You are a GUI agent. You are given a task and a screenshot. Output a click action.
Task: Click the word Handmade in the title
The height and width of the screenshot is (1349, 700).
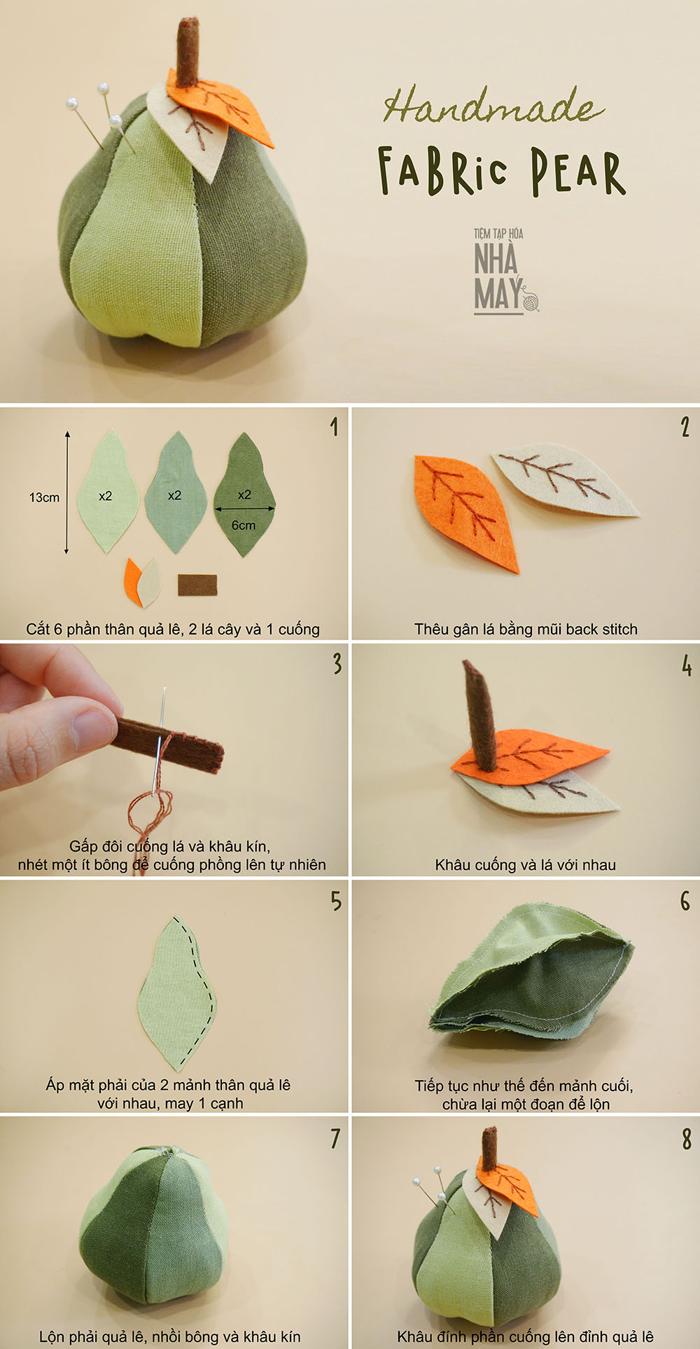coord(493,106)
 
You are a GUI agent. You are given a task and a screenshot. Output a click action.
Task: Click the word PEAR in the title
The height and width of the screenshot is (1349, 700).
coord(577,172)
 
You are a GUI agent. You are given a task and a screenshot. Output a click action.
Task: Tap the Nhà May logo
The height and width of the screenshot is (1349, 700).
coord(505,271)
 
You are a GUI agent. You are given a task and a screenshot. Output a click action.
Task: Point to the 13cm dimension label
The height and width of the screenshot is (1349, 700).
coord(44,497)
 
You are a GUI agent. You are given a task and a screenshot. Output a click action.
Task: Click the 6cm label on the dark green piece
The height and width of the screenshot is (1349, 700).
coord(244,525)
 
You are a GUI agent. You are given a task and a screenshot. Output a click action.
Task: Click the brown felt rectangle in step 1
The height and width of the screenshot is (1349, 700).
coord(197,585)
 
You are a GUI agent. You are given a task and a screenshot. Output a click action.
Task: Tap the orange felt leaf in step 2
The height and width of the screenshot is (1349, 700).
coord(465,512)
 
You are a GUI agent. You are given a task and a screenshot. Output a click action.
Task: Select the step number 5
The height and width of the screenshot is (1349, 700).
coord(337,901)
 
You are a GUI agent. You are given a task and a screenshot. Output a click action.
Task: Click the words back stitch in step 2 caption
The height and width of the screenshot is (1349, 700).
coord(601,629)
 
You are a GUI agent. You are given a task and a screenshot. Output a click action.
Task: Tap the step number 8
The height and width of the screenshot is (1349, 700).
coord(687,1139)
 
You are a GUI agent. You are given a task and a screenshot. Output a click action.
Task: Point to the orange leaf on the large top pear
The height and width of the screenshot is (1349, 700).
coord(220,111)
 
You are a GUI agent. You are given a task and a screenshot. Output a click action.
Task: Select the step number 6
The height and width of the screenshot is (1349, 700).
coord(685,901)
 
